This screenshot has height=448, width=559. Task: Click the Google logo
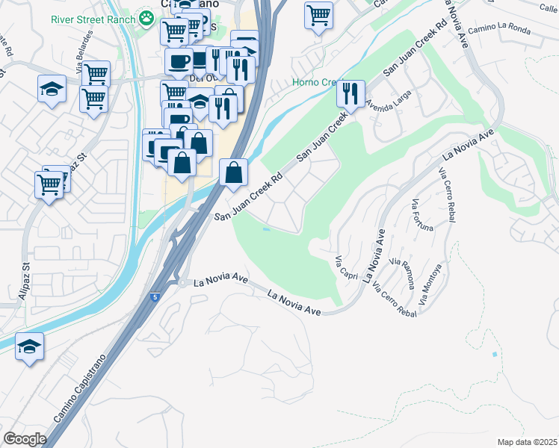coord(25,439)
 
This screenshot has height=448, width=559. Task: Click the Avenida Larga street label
coord(388,102)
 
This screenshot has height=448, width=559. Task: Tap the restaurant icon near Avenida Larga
coord(350,93)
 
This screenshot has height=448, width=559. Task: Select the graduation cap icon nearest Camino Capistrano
coord(29,346)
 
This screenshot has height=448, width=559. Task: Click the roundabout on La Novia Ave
coord(181,283)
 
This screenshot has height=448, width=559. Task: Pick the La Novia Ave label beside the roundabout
coord(220,282)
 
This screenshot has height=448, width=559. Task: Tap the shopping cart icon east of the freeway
coord(318,14)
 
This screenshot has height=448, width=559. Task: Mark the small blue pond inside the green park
coord(267,229)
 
